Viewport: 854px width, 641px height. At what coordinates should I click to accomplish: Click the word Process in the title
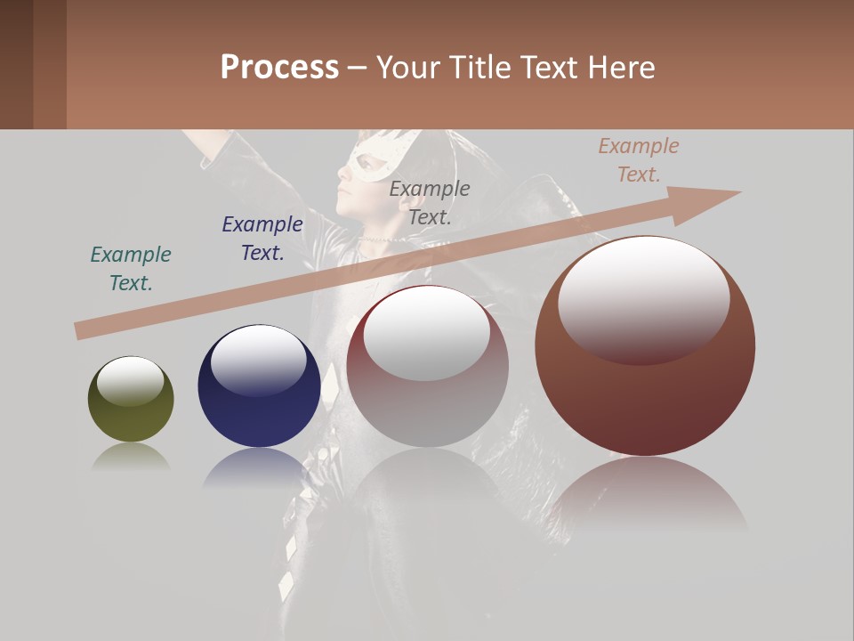279,68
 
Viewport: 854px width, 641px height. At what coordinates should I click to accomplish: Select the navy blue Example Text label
262,239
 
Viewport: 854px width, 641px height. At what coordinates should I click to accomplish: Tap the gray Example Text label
430,203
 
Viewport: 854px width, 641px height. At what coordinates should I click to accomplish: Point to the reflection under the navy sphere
258,467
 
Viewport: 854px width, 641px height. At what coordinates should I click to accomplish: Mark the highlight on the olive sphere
130,381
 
